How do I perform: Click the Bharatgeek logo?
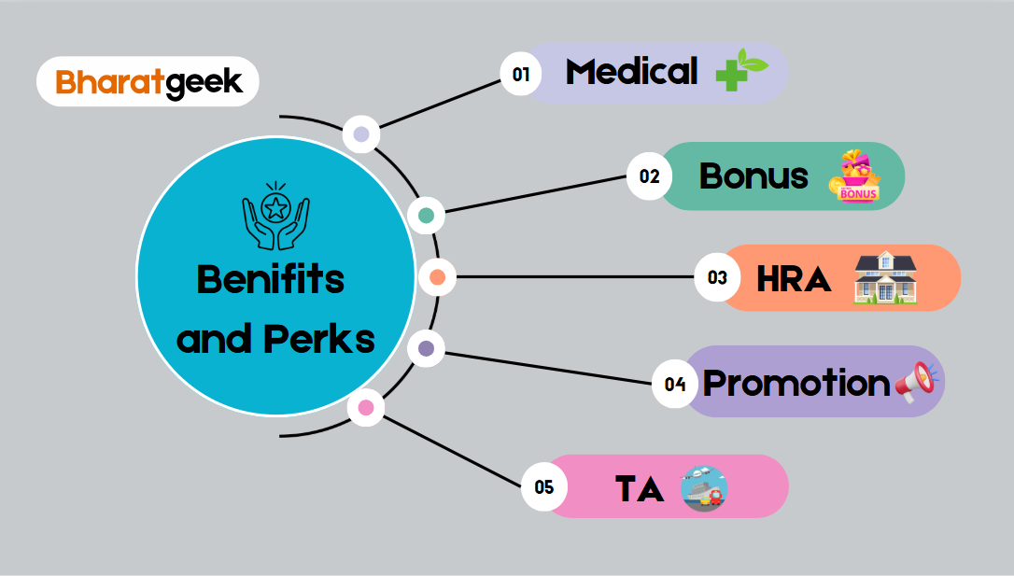[x=148, y=82]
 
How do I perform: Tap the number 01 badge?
[x=521, y=74]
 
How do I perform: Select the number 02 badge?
[x=649, y=176]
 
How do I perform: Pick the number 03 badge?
[x=717, y=277]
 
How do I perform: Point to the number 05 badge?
[x=543, y=486]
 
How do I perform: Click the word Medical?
[x=631, y=72]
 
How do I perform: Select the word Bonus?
[x=753, y=176]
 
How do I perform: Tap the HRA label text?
[x=794, y=278]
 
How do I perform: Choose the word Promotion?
[x=796, y=383]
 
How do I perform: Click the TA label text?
[x=640, y=487]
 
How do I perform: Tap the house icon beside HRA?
[x=885, y=278]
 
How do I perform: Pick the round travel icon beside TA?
[x=703, y=488]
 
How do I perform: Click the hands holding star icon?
[x=275, y=216]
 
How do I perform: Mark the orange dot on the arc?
[x=437, y=276]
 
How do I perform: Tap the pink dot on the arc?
[x=366, y=407]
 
